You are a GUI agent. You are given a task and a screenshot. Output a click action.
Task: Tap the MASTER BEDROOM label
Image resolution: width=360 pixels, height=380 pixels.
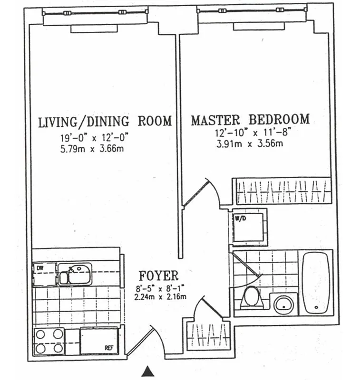pyautogui.click(x=250, y=120)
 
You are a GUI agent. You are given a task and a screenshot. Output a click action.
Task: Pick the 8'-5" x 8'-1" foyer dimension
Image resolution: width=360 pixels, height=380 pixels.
pyautogui.click(x=159, y=287)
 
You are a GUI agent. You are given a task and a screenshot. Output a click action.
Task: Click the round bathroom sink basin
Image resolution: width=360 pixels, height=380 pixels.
pyautogui.click(x=283, y=304)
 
